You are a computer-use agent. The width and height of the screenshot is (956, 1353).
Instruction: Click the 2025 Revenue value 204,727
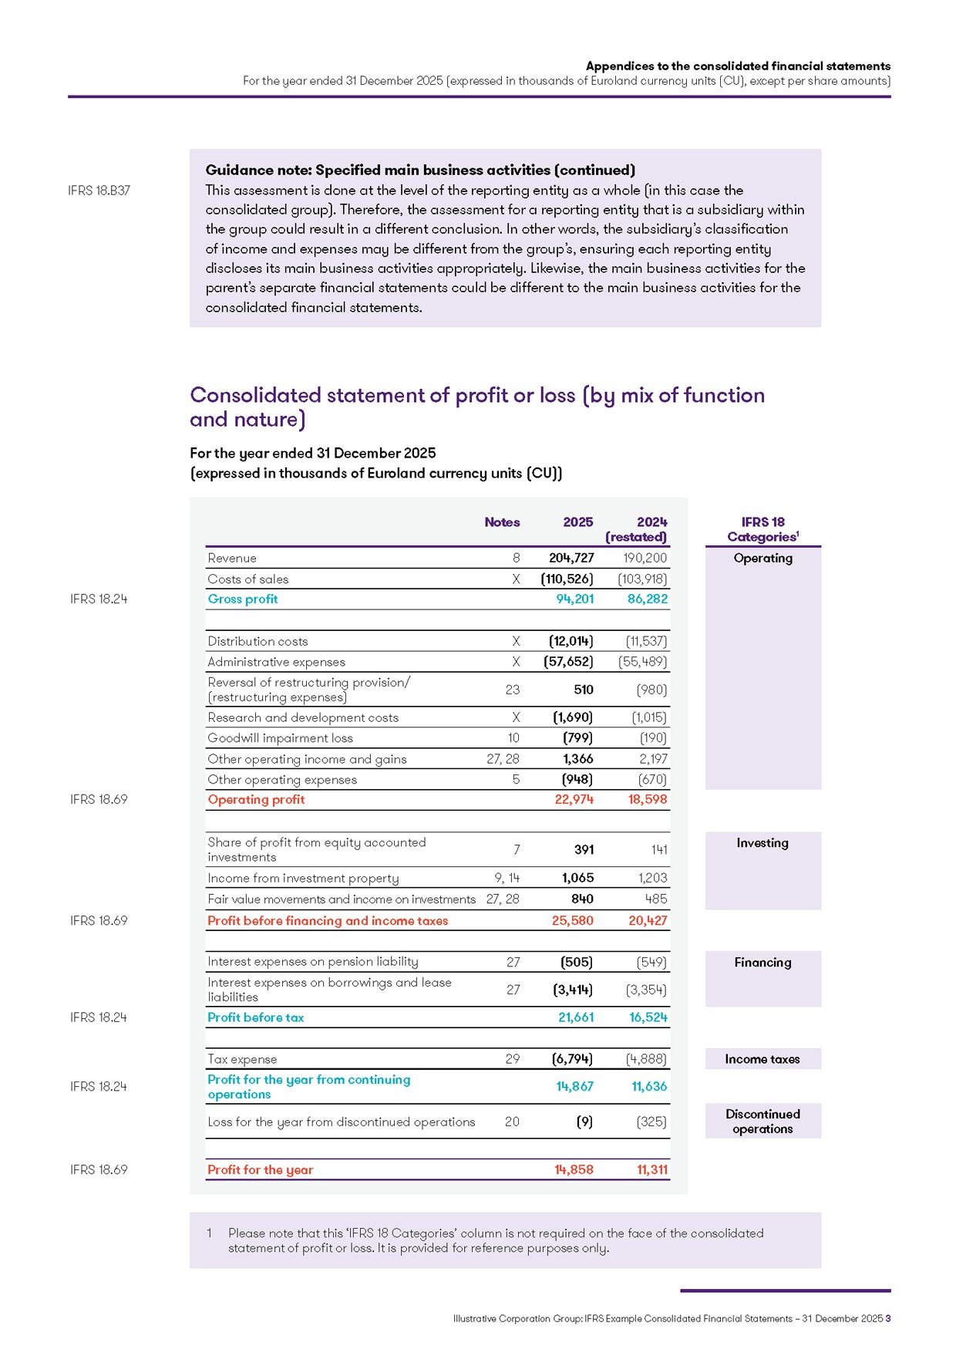(571, 558)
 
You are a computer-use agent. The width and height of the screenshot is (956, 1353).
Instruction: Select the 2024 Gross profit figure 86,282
(647, 599)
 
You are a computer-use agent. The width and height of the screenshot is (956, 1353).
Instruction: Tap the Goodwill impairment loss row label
(280, 738)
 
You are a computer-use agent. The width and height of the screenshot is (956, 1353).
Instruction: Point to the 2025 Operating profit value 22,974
(574, 800)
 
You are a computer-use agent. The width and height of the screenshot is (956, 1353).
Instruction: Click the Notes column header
(502, 522)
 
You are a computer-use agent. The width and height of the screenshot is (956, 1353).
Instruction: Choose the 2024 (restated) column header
(637, 529)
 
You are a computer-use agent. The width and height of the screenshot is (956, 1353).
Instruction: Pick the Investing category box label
(762, 843)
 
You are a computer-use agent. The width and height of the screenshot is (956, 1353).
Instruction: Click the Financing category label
(762, 963)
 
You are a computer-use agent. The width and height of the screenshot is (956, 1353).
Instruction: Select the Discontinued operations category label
(762, 1122)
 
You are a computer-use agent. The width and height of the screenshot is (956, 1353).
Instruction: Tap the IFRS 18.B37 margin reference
(99, 191)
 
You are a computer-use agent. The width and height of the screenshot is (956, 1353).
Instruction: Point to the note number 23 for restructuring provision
(512, 690)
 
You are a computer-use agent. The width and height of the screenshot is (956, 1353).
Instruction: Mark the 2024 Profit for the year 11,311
(651, 1170)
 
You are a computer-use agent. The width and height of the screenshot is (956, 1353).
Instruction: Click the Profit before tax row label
(255, 1017)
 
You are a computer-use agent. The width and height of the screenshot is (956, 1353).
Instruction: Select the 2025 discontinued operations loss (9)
(584, 1122)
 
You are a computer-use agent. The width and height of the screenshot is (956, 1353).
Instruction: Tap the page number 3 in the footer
(888, 1319)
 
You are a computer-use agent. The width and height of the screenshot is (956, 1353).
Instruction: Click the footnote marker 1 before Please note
(209, 1233)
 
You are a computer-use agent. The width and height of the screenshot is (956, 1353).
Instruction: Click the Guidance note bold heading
(420, 170)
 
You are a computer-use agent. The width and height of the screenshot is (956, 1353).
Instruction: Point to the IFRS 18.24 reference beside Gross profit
(99, 599)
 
